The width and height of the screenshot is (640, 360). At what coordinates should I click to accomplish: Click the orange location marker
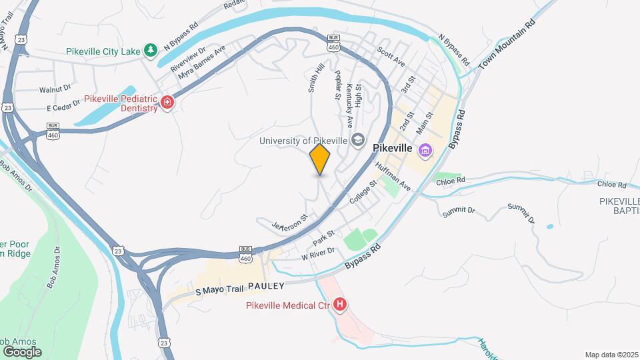(x=320, y=159)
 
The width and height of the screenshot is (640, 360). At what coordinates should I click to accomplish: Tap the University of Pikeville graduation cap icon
(x=358, y=140)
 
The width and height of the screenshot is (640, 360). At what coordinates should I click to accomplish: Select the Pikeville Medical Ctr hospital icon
(x=340, y=305)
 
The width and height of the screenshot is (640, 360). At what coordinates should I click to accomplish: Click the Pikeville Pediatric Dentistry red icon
(x=167, y=103)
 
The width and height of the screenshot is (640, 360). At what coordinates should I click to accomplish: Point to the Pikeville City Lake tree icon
(x=151, y=50)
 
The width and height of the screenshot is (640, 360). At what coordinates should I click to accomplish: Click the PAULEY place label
(x=266, y=286)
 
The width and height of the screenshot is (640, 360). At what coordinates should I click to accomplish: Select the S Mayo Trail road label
(x=219, y=290)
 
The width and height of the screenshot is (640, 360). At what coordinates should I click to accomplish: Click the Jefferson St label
(x=290, y=223)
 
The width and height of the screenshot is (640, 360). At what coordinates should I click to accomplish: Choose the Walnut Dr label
(x=55, y=89)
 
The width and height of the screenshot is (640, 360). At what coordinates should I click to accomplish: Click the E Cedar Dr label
(x=63, y=108)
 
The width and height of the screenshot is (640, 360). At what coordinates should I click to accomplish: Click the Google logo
(x=22, y=351)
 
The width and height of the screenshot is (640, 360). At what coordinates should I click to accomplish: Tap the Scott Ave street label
(x=391, y=56)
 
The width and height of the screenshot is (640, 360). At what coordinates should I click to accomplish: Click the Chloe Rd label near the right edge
(x=612, y=185)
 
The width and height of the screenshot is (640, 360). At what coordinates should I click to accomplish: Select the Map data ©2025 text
(x=611, y=354)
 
